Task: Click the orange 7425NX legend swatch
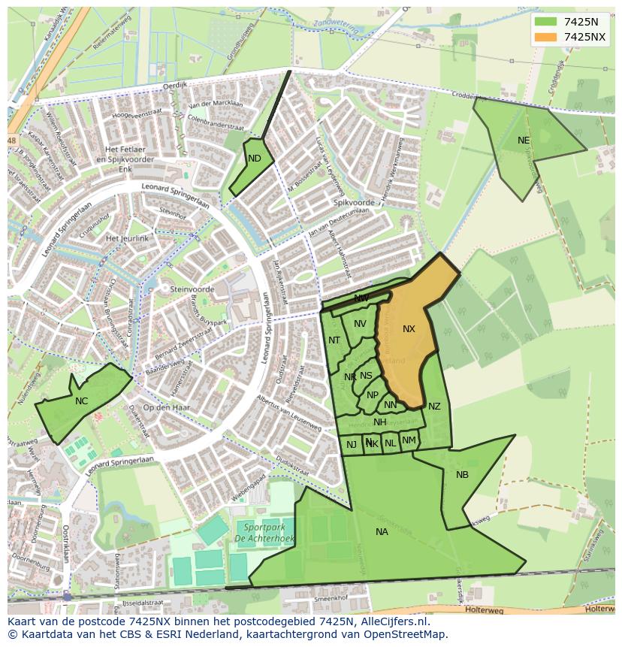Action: coord(546,37)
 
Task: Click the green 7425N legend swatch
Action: coord(546,21)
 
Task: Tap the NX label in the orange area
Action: coord(409,329)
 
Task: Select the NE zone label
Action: coord(524,141)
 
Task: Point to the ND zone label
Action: coord(255,159)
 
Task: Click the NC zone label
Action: coord(81,401)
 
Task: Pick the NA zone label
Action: coord(382,532)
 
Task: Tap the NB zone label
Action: coord(462,475)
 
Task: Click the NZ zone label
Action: coord(434,407)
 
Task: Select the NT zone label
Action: coord(334,340)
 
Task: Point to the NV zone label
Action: coord(360,324)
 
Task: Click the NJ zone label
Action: coord(351,445)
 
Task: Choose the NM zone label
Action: coord(409,440)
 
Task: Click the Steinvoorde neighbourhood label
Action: coord(192,289)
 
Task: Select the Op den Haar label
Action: coord(166,407)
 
